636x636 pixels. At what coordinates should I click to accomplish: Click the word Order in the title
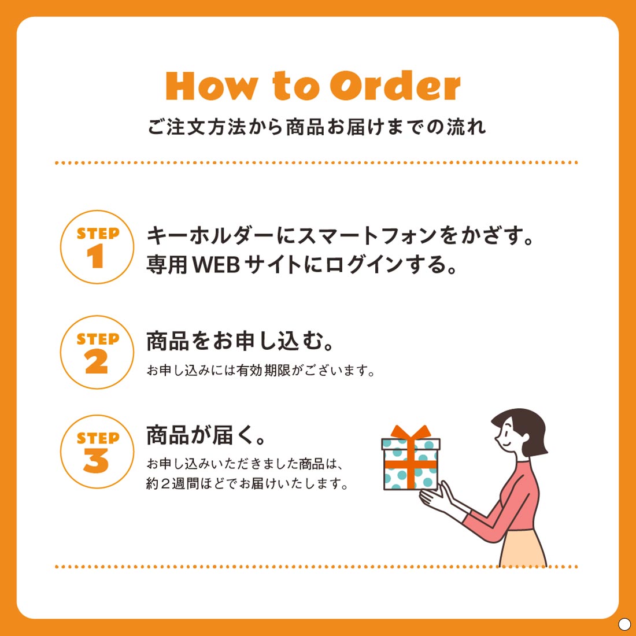tap(395, 87)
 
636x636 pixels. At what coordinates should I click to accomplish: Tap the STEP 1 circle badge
tap(97, 247)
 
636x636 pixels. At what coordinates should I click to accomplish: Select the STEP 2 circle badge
tap(97, 352)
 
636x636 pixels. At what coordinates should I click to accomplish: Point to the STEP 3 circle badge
tap(97, 452)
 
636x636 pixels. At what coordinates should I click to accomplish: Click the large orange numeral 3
tap(96, 461)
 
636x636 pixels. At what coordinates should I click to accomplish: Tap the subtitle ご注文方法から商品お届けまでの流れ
tap(317, 127)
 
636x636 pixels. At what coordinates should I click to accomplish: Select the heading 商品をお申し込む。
tap(241, 341)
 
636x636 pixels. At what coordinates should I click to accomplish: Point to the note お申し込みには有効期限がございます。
tap(261, 371)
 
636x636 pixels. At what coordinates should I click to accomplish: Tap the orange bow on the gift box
tap(411, 432)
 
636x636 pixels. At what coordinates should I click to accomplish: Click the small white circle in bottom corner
tap(624, 624)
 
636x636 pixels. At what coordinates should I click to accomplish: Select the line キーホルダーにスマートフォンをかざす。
tap(339, 236)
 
